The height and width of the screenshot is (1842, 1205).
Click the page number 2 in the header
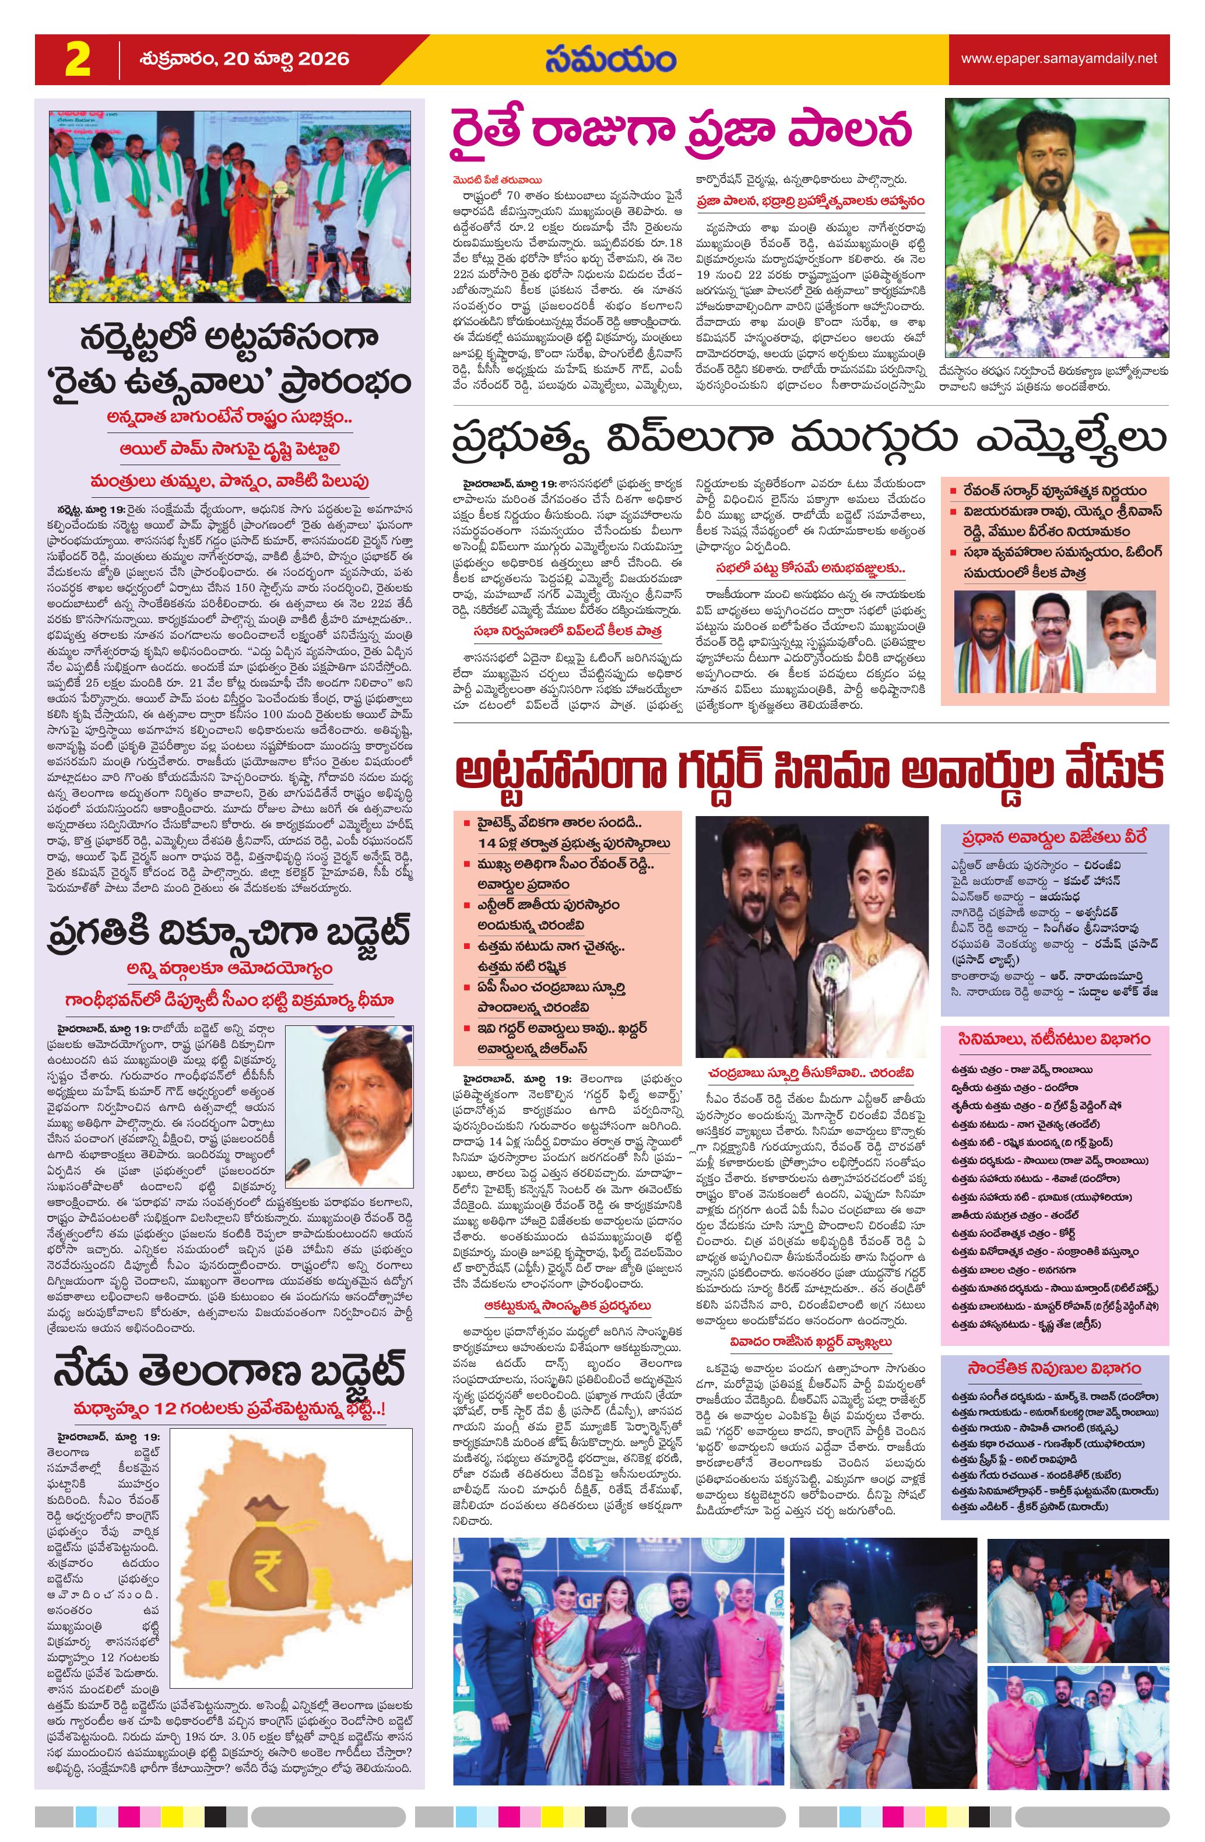78,59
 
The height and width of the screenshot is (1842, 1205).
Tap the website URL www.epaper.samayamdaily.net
1059,59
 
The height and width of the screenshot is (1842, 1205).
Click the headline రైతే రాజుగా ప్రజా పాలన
682,130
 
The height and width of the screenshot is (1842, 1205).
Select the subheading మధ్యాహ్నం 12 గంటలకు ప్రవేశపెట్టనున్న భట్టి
230,1410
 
